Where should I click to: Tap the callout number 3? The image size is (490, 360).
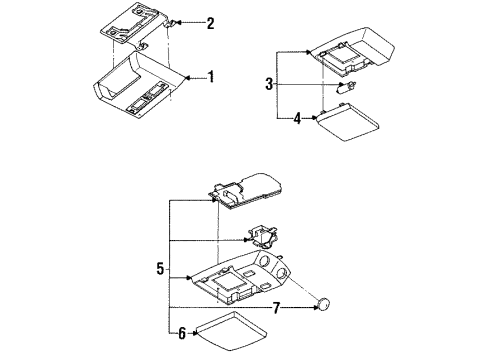(x=269, y=84)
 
